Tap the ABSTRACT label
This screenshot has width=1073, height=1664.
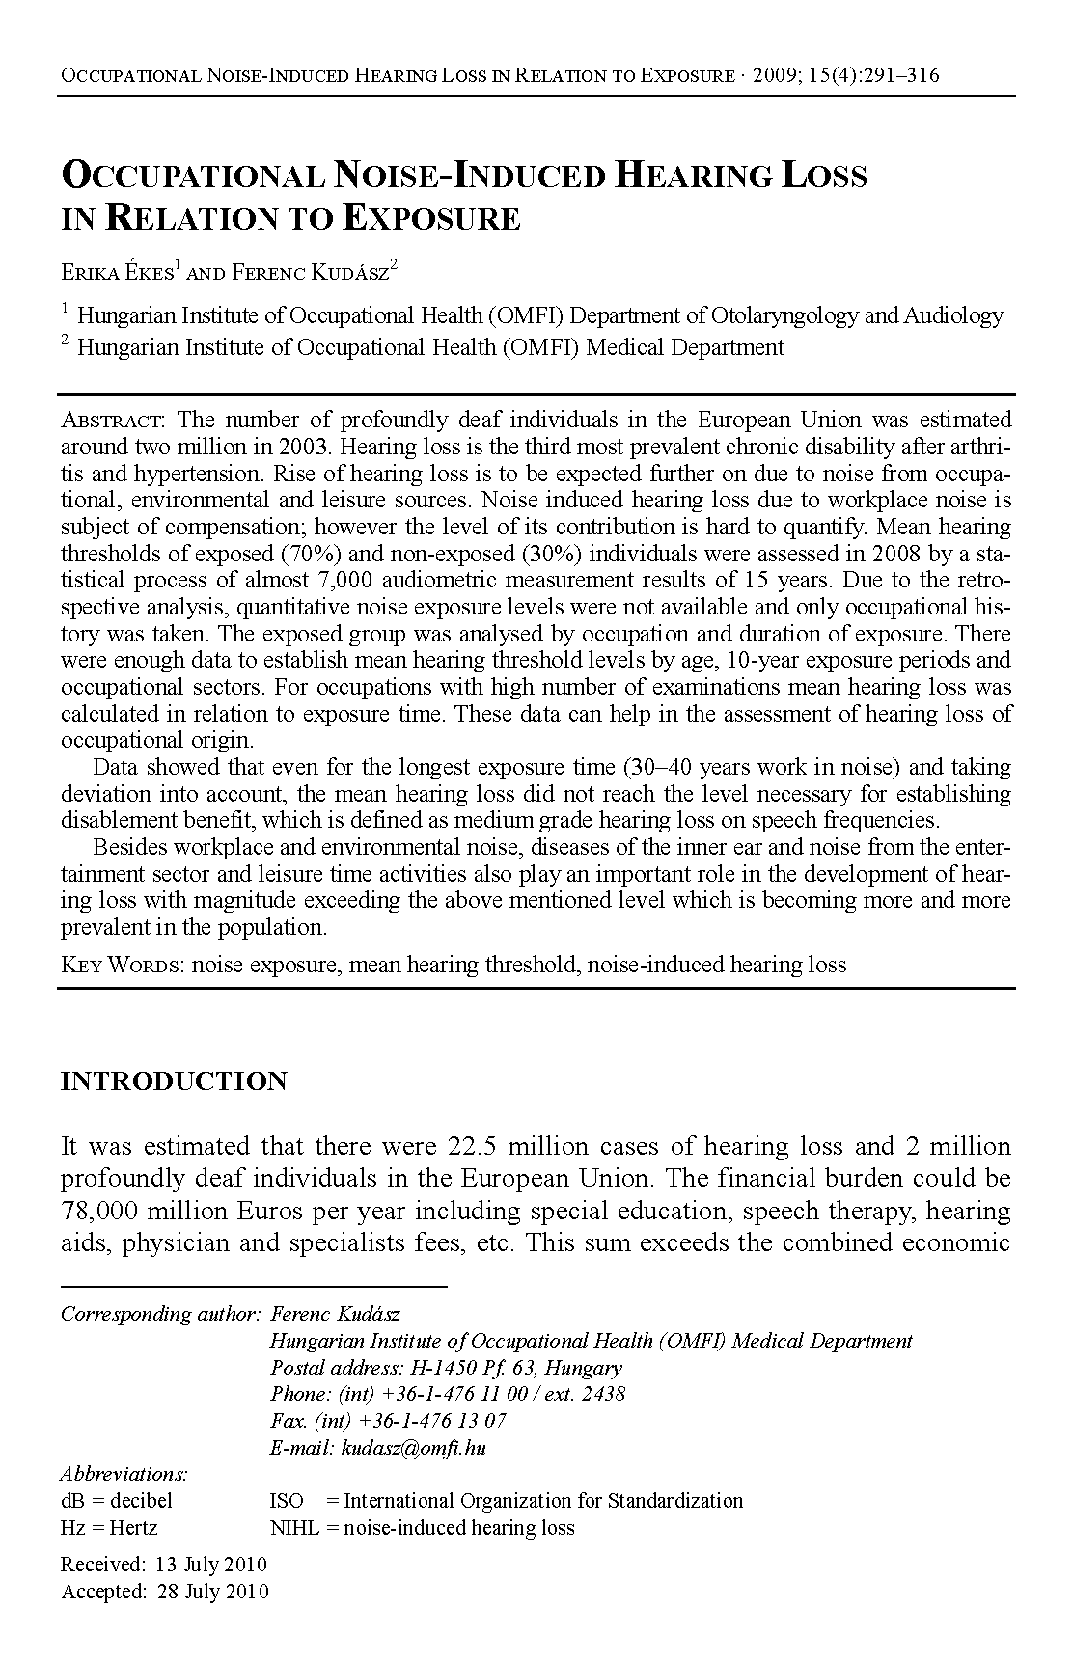tap(113, 421)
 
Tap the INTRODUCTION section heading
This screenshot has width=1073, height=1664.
tap(174, 1081)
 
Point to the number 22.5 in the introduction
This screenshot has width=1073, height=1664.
tap(473, 1147)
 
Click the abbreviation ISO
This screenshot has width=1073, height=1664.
tap(287, 1501)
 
